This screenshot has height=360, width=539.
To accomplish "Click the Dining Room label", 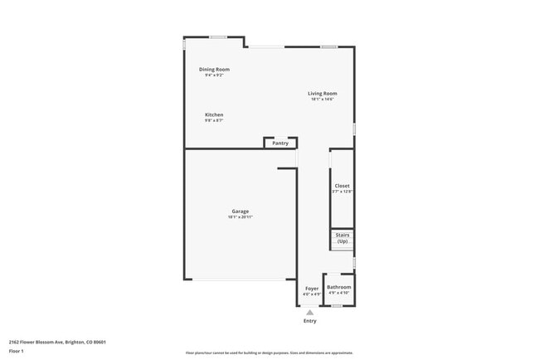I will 214,69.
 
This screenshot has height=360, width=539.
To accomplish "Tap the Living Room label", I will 323,94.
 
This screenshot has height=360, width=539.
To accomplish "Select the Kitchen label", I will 214,114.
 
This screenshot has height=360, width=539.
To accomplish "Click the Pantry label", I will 280,143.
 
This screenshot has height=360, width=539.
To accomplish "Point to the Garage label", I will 240,212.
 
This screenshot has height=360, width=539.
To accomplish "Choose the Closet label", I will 342,186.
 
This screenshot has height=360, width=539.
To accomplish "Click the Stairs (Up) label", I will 342,237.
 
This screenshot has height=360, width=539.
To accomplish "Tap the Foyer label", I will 311,288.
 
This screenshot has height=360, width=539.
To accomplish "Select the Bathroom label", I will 338,287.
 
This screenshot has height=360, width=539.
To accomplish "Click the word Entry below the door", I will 309,320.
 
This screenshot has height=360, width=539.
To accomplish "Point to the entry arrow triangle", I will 309,312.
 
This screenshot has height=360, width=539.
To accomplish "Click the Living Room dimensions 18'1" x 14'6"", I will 323,100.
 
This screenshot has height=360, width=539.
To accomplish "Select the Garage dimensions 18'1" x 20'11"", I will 240,217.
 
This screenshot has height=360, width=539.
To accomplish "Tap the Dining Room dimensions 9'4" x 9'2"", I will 214,75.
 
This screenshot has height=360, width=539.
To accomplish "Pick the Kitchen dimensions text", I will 214,120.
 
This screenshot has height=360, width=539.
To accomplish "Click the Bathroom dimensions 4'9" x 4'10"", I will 338,293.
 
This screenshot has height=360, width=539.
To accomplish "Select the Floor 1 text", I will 17,351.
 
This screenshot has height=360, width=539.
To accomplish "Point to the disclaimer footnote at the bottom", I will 269,352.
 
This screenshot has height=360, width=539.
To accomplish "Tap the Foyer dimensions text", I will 311,294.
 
